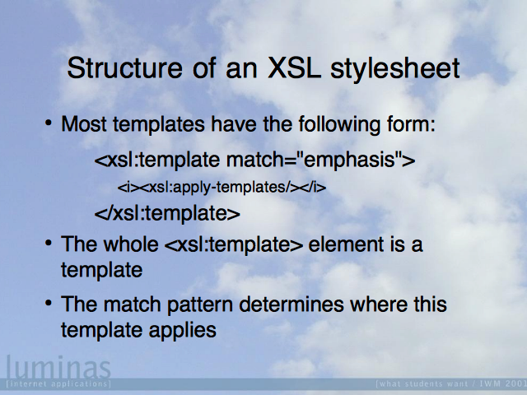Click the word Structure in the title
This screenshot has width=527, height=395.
tap(124, 67)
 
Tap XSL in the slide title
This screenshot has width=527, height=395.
tap(294, 67)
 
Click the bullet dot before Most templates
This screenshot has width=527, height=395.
tap(49, 123)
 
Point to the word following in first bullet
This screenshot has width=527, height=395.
tap(339, 125)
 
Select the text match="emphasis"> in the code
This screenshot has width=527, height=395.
tap(320, 160)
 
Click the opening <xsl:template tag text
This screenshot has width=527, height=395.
tap(157, 160)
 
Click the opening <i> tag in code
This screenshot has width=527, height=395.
tap(128, 188)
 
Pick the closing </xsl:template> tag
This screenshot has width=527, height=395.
tap(167, 214)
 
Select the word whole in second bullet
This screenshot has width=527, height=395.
tap(131, 244)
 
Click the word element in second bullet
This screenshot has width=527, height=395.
tap(346, 244)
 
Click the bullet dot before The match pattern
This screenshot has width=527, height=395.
tap(49, 303)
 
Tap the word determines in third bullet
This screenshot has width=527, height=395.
tap(291, 304)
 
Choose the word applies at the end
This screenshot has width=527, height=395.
tap(183, 331)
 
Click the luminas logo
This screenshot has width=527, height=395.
tap(58, 368)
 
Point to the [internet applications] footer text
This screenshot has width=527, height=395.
tap(58, 383)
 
